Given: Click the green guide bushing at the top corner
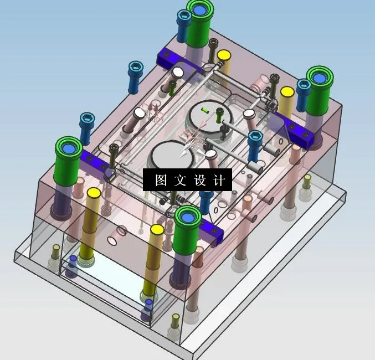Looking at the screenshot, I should coord(200,17).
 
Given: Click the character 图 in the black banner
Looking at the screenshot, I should coord(161,181).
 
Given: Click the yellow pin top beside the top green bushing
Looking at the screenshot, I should coord(224,55).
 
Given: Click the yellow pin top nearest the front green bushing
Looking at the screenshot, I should coord(157,229).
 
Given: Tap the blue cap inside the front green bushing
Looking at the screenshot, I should coord(187,217).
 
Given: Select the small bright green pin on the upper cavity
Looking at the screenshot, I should coord(205,110).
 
